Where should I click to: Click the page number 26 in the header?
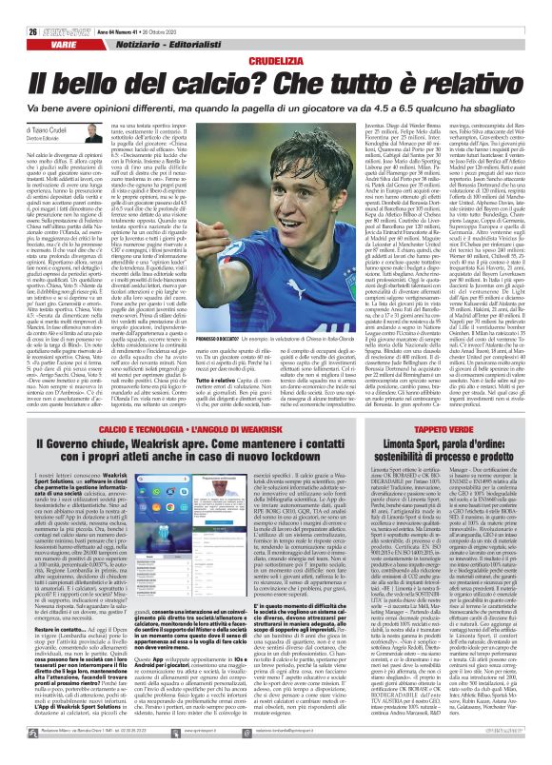[x=19, y=9]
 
